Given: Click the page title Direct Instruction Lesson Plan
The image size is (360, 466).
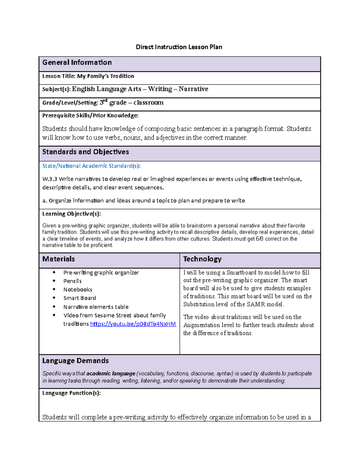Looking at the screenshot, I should tap(179, 47).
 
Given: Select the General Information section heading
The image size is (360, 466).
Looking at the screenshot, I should tap(77, 62).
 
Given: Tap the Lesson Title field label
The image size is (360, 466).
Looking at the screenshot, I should tap(59, 76).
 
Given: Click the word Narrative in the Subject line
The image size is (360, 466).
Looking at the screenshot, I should tap(193, 89).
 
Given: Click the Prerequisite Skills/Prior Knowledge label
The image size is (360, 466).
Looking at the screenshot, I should tap(90, 116).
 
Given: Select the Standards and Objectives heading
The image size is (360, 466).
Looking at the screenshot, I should tap(85, 152).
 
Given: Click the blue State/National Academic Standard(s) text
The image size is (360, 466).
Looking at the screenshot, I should tap(91, 166).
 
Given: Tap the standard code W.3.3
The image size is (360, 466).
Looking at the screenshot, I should tap(49, 179).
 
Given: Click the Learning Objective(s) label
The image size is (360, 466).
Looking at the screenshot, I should tap(71, 214).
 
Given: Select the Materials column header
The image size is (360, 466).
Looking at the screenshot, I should tap(58, 259).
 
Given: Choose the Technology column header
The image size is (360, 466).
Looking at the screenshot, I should tap(202, 259).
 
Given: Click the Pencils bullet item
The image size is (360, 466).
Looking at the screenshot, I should tap(72, 281).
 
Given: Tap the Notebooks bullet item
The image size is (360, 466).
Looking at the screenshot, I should tap(78, 290).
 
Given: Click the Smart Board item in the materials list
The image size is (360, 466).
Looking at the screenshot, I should tap(79, 298).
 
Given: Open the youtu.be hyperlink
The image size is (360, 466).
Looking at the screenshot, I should tap(133, 324).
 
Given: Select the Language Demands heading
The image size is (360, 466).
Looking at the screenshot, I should tap(75, 361).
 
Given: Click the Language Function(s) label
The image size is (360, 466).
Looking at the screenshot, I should tap(71, 393).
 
